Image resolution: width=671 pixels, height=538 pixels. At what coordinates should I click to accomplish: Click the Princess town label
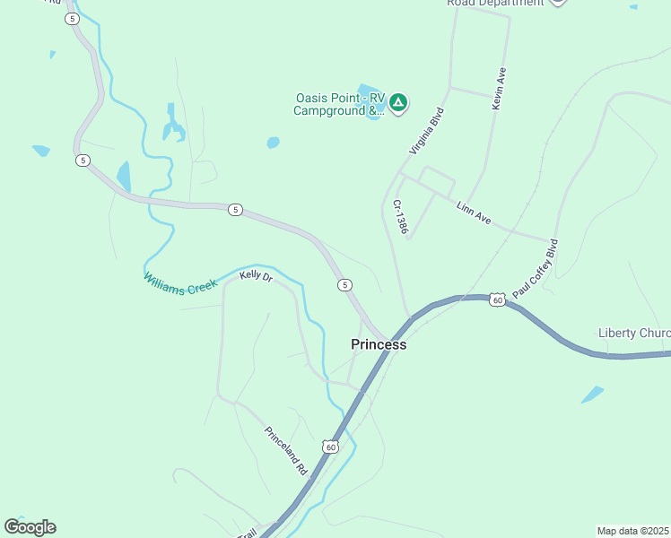click(x=378, y=344)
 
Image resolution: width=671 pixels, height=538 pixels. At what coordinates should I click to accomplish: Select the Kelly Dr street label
click(x=256, y=277)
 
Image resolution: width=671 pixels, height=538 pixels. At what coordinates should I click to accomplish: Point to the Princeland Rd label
click(x=285, y=450)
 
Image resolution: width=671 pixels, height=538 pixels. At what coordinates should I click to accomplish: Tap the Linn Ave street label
click(x=474, y=213)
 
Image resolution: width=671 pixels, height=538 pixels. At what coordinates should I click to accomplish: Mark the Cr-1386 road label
click(x=400, y=217)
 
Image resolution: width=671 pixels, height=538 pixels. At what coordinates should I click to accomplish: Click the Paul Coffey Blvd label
click(x=536, y=267)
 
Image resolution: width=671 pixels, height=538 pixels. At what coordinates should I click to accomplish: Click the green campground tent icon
click(x=398, y=103)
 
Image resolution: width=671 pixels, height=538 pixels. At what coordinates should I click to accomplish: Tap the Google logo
click(x=30, y=527)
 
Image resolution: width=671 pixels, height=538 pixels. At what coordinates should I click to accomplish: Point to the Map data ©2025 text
click(x=632, y=530)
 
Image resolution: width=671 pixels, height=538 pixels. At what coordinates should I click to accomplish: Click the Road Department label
click(x=495, y=3)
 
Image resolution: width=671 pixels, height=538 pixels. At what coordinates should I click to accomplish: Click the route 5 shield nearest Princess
click(x=344, y=285)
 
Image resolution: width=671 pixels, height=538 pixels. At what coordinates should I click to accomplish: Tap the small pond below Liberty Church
click(x=592, y=394)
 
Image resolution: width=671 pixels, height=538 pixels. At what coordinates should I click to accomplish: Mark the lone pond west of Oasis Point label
click(x=273, y=143)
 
